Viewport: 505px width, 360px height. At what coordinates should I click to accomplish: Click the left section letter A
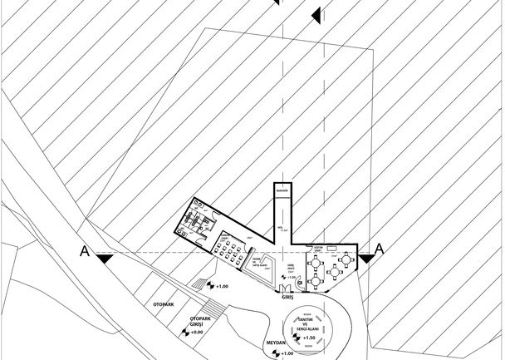coord(83,250)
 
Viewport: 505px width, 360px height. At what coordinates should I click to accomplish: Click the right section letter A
coord(380,249)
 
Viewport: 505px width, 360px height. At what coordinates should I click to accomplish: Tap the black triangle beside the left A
coord(103,259)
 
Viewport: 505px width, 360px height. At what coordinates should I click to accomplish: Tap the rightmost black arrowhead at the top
coord(316,15)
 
